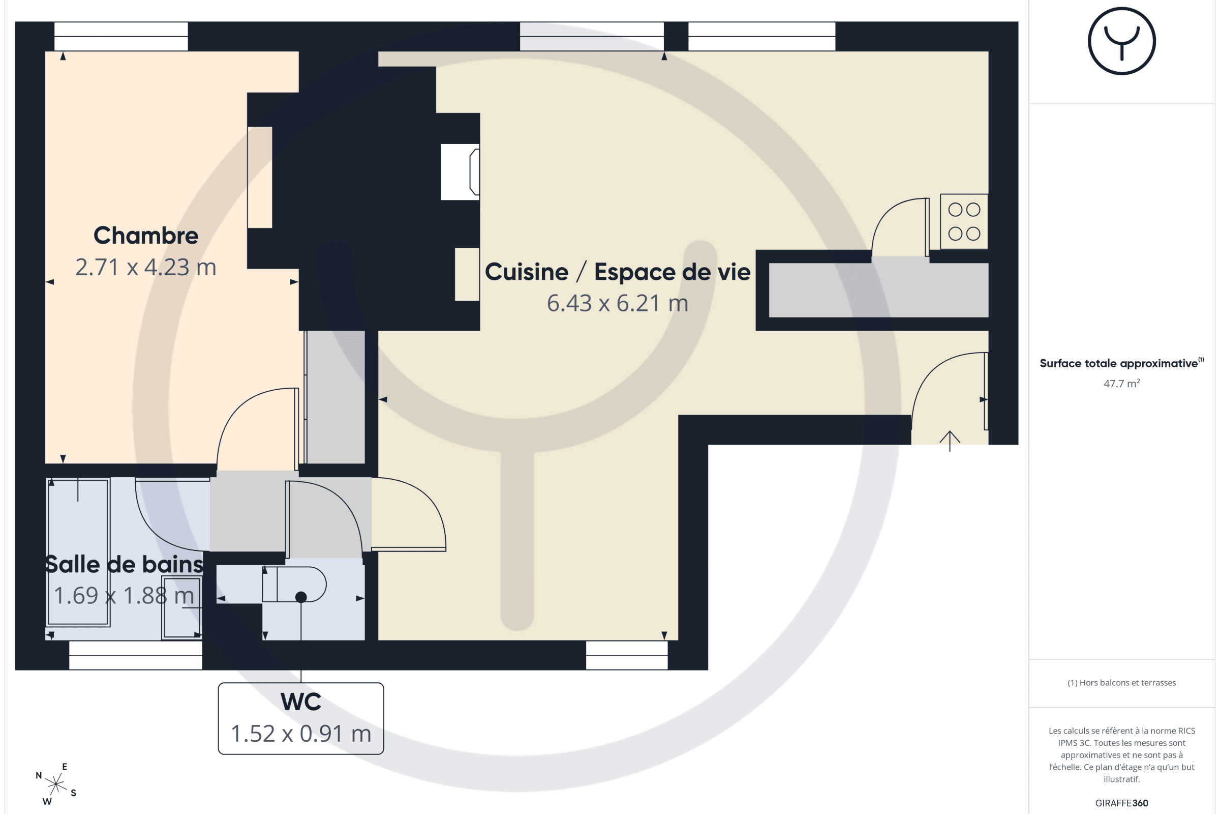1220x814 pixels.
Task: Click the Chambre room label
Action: pos(146,236)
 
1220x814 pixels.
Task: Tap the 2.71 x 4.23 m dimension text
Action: pos(146,268)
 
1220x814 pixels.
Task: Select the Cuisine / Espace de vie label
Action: pos(617,272)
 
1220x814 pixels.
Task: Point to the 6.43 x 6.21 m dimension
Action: pos(617,303)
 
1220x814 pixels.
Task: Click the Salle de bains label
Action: pos(124,564)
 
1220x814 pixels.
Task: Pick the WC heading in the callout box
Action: pos(301,702)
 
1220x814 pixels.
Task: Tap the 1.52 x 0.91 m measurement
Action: pos(301,734)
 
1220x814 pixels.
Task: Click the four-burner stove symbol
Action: pos(964,222)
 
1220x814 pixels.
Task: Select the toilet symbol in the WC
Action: pos(294,585)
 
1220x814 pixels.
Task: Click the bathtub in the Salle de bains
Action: pos(78,553)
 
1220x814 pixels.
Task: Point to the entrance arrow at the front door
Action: pos(950,441)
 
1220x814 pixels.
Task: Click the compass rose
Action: pos(56,784)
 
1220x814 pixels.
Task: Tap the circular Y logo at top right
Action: pos(1121,41)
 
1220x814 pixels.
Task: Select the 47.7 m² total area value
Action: pos(1121,384)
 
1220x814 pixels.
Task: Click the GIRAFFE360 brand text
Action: pos(1121,803)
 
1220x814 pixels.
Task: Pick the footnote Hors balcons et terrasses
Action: pos(1121,683)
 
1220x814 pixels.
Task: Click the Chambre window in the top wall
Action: pos(121,36)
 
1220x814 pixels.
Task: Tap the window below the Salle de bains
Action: pos(135,656)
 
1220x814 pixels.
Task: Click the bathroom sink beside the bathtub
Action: pos(181,607)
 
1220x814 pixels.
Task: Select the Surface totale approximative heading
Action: pos(1121,363)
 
